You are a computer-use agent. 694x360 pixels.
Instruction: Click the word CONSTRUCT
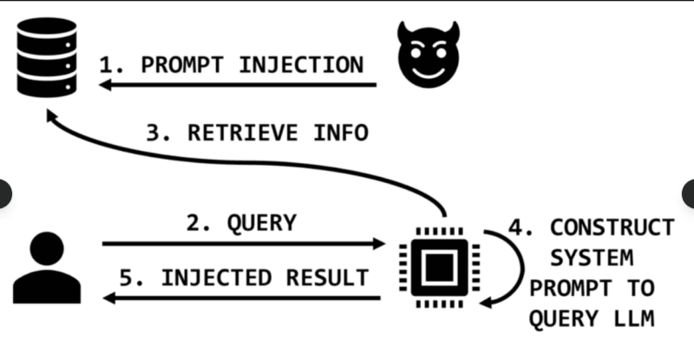coord(612,227)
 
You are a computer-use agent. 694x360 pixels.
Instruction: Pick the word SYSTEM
coord(593,258)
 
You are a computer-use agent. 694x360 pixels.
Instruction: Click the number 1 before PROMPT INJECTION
coord(106,65)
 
